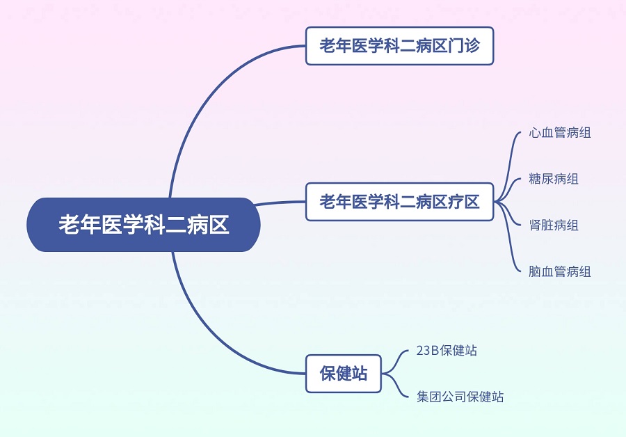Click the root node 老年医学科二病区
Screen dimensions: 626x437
tap(144, 225)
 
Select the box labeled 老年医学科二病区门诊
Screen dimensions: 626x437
tap(400, 46)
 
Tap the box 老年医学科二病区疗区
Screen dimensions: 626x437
tap(400, 202)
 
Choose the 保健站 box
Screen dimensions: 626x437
tap(344, 374)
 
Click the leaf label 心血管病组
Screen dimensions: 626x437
tap(560, 133)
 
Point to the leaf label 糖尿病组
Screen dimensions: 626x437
tap(554, 179)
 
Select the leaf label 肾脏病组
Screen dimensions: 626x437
tap(554, 225)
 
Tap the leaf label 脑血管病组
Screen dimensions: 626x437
tap(560, 271)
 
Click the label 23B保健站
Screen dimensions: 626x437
tap(447, 350)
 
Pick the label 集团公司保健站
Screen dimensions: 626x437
tap(460, 397)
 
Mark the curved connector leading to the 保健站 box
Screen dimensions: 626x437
tap(207, 328)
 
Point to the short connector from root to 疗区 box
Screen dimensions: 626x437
tap(280, 202)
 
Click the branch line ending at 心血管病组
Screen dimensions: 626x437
tap(508, 168)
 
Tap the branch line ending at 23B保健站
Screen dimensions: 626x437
tap(395, 361)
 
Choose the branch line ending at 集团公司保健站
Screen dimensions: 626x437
tap(395, 386)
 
